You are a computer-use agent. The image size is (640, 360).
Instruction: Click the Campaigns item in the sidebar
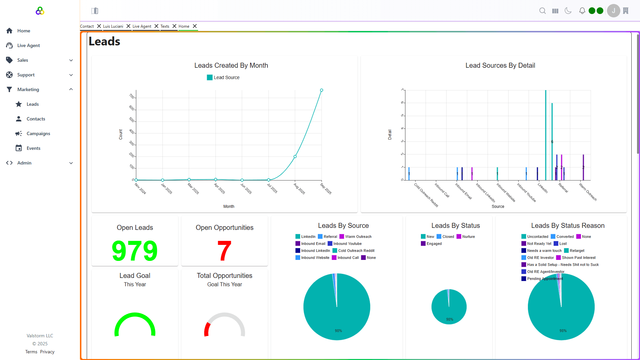click(38, 133)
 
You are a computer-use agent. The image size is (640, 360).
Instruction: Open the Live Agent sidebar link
click(28, 45)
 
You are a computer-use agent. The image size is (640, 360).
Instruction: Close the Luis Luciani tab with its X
click(128, 26)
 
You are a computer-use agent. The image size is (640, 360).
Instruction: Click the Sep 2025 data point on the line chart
click(322, 90)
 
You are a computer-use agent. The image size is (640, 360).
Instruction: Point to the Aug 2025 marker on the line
click(295, 156)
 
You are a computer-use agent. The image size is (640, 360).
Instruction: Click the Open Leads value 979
click(135, 251)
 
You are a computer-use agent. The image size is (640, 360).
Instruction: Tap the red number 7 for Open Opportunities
click(224, 251)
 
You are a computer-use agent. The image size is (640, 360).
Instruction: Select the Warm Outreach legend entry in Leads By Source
click(358, 237)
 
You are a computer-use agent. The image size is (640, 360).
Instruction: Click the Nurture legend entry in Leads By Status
click(468, 237)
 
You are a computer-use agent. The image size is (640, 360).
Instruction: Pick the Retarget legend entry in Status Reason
click(577, 251)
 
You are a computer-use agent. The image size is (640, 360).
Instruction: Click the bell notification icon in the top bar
click(582, 11)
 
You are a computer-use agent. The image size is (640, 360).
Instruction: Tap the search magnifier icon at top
click(543, 11)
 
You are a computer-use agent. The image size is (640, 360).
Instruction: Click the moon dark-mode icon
click(568, 11)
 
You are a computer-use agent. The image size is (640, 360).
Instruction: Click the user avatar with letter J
click(613, 11)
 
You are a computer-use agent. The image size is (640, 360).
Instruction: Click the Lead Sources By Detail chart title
click(500, 65)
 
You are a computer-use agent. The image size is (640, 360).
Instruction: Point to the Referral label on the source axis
click(563, 188)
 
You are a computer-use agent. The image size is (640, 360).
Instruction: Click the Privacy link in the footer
click(47, 352)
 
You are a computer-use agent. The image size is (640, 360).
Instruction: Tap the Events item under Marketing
click(33, 148)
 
